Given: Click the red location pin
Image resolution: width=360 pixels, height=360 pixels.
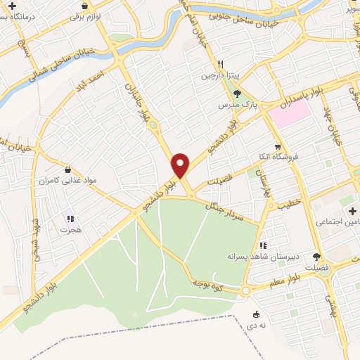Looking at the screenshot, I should tap(181, 165).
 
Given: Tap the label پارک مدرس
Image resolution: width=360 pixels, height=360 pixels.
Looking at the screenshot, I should tap(235, 105).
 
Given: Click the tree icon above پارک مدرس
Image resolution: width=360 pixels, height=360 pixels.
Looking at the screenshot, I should tap(237, 93).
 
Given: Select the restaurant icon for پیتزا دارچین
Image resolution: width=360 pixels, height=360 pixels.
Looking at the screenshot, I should tap(220, 62).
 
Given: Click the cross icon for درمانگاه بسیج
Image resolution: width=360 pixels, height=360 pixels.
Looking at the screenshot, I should tap(13, 6).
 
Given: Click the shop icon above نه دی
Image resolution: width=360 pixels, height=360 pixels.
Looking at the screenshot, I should tap(256, 314).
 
